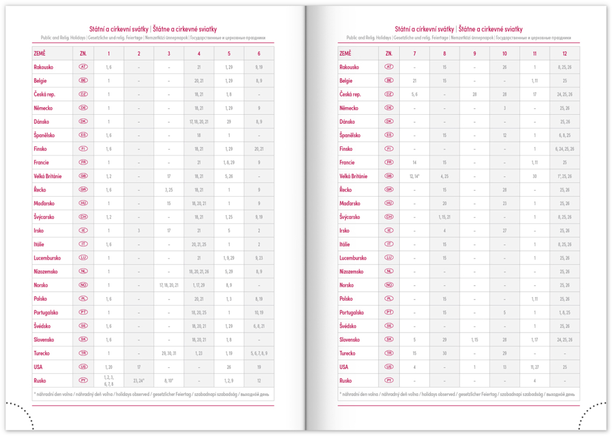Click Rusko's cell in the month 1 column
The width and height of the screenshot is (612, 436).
click(x=109, y=380)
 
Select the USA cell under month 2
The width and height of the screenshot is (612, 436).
click(x=139, y=367)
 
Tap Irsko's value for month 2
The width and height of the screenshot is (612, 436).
click(x=139, y=230)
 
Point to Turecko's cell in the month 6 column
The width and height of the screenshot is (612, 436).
click(x=259, y=353)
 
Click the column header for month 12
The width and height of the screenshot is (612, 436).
click(x=564, y=53)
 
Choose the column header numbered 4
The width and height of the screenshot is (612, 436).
click(x=199, y=53)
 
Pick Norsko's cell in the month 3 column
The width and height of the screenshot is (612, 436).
click(x=169, y=285)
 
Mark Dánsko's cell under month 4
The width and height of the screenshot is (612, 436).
click(x=199, y=121)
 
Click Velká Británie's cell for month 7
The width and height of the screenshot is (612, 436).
click(x=414, y=176)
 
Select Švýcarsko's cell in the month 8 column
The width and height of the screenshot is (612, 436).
click(x=445, y=217)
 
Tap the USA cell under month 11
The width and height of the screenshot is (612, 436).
click(x=534, y=367)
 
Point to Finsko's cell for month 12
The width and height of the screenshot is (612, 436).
click(x=564, y=149)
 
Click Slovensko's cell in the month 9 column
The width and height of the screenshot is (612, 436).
click(x=475, y=340)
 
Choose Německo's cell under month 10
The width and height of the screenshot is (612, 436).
click(x=504, y=108)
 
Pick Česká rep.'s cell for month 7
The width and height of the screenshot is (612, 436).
click(x=414, y=94)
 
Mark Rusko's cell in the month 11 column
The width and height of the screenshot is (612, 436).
click(x=534, y=380)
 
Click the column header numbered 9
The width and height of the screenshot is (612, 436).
click(x=475, y=53)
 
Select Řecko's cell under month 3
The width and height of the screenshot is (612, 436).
click(x=169, y=190)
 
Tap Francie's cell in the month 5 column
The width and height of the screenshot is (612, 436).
click(x=229, y=162)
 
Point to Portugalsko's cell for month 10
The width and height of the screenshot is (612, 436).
click(x=504, y=312)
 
